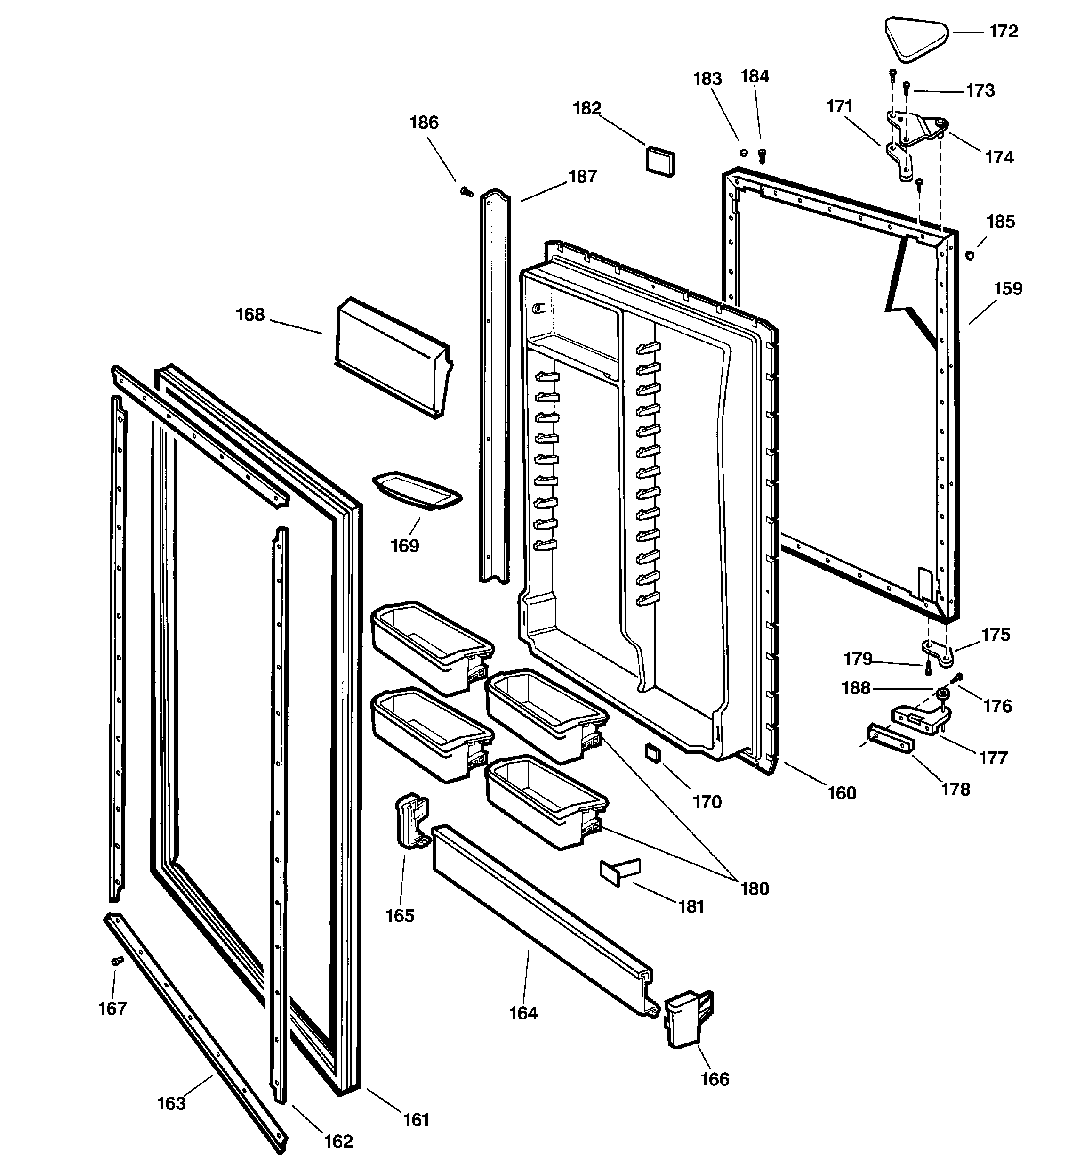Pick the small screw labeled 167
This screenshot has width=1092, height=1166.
(x=117, y=961)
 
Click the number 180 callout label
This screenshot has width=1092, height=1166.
(x=755, y=889)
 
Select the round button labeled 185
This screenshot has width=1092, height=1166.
(x=970, y=255)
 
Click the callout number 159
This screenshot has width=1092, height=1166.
(x=1008, y=289)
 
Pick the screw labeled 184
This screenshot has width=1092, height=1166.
(x=762, y=155)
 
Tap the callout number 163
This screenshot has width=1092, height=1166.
(x=171, y=1103)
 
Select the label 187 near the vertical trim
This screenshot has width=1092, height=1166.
(x=582, y=177)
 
